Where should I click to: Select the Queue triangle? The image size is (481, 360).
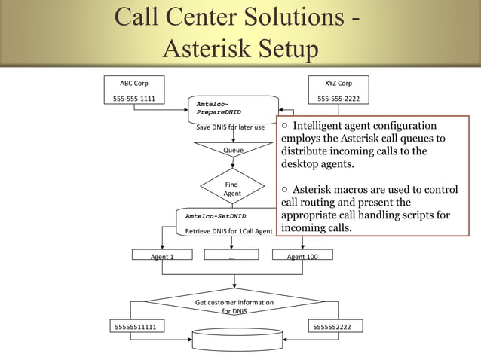232,151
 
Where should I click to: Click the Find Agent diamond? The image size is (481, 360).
232,188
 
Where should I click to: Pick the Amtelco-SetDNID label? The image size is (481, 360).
216,216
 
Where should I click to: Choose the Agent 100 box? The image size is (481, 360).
302,256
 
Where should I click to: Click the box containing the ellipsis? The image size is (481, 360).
231,256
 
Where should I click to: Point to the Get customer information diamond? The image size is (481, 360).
234,305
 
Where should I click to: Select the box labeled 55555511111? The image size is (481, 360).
136,326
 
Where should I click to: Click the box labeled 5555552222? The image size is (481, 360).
337,326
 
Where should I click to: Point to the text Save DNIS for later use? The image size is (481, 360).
230,127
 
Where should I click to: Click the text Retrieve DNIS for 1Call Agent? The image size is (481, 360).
228,231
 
